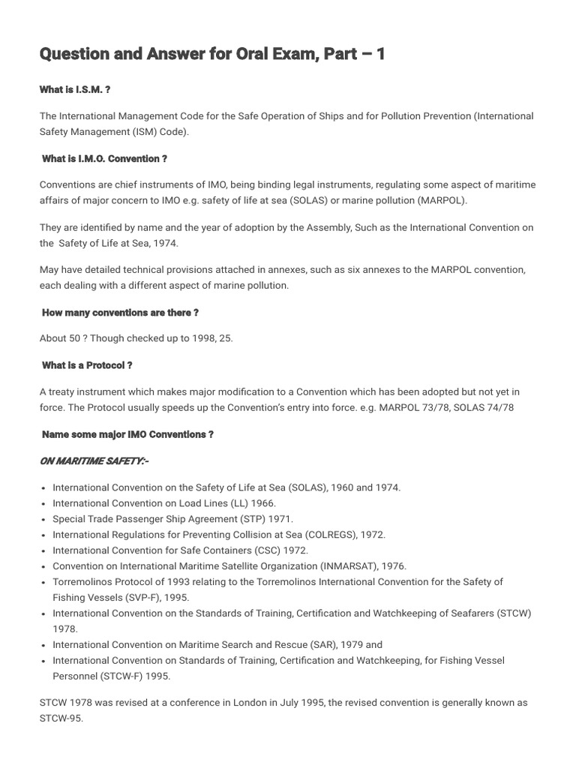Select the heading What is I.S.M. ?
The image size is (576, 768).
click(x=75, y=90)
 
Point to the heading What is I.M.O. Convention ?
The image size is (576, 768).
click(x=104, y=159)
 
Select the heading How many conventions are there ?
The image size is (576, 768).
click(x=120, y=313)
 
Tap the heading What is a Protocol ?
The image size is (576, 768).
click(x=87, y=365)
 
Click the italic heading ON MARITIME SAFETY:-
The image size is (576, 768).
click(x=94, y=461)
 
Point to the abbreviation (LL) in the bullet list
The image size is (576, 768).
click(x=214, y=503)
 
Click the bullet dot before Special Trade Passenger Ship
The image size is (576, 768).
click(x=45, y=519)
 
